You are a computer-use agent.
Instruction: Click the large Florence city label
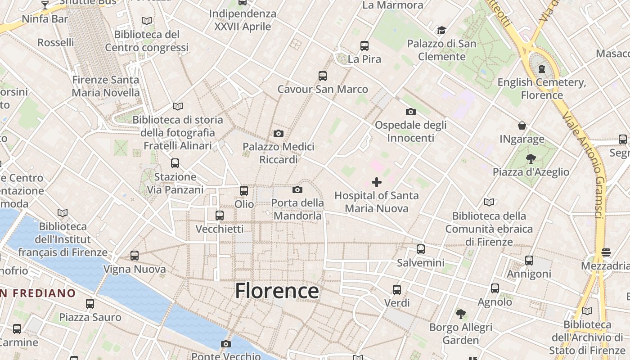[277, 291]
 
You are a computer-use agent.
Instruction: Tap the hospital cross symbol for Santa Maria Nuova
[377, 182]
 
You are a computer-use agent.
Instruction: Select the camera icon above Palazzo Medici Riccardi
[279, 134]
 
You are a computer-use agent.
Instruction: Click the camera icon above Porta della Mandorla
[297, 190]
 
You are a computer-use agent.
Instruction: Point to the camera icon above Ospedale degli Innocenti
[410, 112]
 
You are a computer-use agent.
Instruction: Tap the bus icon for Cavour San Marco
[323, 76]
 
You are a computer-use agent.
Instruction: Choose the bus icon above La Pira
[364, 46]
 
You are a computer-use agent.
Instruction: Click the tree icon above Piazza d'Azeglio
[531, 158]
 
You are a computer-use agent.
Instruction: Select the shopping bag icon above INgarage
[522, 126]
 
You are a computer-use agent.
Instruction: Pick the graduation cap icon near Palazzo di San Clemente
[441, 31]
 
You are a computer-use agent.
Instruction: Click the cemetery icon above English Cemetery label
[542, 69]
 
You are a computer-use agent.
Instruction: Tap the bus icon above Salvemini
[421, 249]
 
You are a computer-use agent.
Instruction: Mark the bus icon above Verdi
[397, 290]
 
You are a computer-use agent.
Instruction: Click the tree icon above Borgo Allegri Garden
[460, 314]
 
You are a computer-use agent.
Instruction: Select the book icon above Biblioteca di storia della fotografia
[178, 107]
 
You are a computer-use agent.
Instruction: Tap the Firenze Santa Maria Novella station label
[106, 86]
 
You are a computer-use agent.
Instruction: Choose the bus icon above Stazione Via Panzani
[175, 163]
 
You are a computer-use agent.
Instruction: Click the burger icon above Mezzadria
[606, 252]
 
